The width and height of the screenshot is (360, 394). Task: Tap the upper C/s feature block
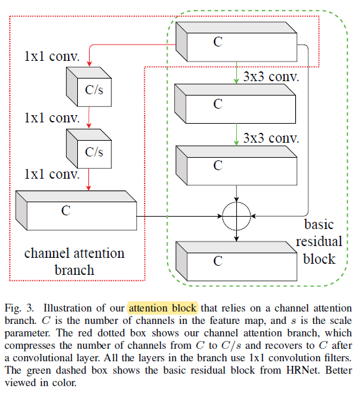coord(88,86)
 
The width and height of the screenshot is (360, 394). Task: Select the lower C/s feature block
coord(88,149)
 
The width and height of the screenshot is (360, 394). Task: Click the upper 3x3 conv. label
coord(271,77)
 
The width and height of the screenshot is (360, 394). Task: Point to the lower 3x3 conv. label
coord(271,138)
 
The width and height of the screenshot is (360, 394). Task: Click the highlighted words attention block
coord(162,308)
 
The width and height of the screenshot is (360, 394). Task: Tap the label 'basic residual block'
coord(319,242)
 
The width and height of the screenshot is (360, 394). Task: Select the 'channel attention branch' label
coord(75,261)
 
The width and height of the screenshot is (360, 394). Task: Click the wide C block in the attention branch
coord(76,211)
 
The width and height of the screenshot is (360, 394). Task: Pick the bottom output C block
coord(236,261)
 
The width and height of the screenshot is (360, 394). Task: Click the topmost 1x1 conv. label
coord(52,56)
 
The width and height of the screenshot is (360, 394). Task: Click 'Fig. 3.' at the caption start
coord(19,308)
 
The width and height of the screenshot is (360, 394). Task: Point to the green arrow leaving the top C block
coord(236,73)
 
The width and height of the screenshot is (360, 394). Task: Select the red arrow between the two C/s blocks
coord(88,117)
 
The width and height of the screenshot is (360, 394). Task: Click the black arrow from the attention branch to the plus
coord(179,216)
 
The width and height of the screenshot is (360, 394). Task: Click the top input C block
coord(236,42)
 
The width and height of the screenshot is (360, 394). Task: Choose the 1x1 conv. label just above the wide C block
coord(52,174)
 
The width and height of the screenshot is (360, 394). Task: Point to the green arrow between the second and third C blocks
coord(236,134)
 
